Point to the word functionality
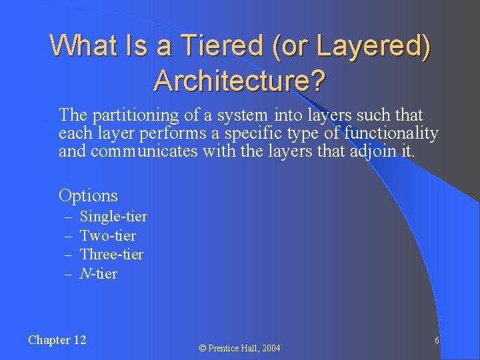[x=391, y=133]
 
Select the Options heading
[x=88, y=196]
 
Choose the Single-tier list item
[x=113, y=217]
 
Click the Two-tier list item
[x=108, y=235]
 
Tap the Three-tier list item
[x=111, y=255]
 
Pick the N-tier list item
[x=99, y=273]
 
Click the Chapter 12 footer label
[x=57, y=340]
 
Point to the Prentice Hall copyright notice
[x=240, y=348]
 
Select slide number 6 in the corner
[x=437, y=340]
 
